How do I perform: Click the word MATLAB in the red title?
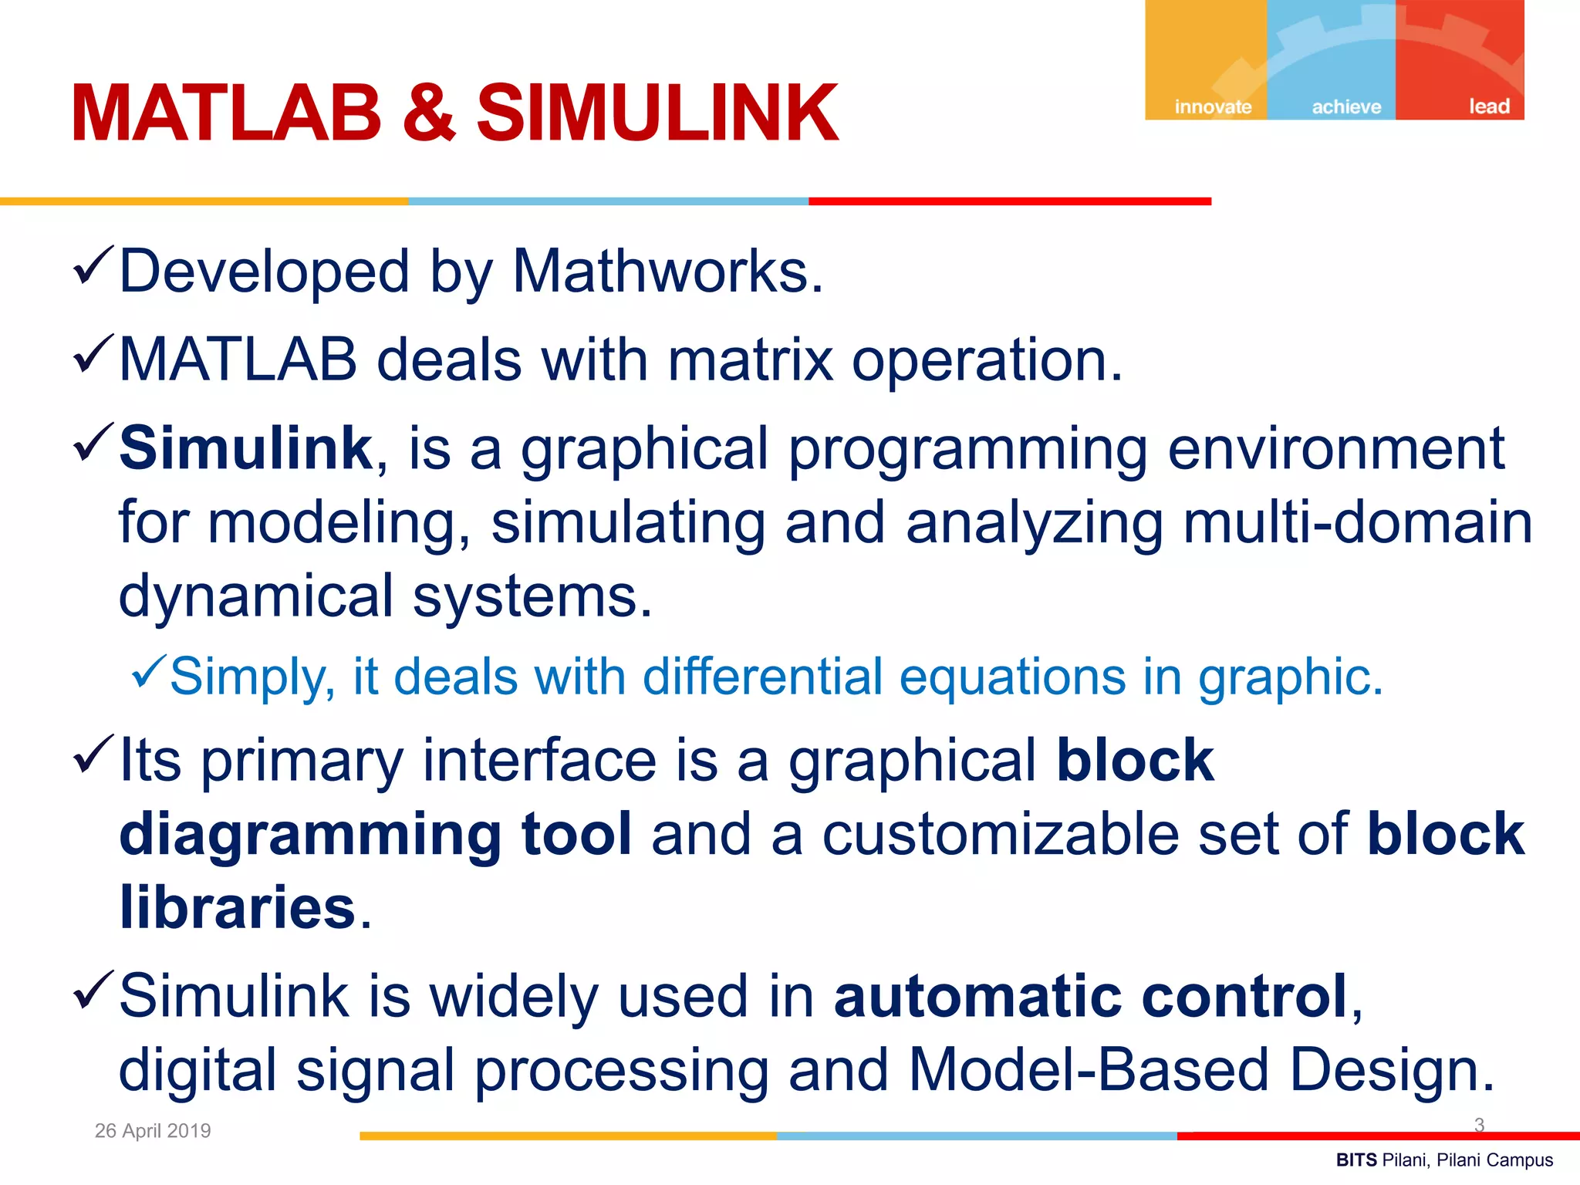tap(226, 114)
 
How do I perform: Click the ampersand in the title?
tap(429, 114)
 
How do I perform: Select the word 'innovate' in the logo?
tap(1213, 106)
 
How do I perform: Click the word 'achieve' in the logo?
tap(1346, 106)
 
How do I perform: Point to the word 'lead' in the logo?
tap(1488, 106)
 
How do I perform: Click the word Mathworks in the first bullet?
tap(668, 272)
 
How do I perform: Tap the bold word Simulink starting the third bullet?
tap(245, 448)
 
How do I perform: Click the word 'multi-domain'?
tap(1358, 522)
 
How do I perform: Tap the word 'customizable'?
tap(1001, 834)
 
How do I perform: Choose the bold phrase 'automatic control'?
tap(1090, 996)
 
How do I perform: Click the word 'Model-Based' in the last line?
tap(1089, 1070)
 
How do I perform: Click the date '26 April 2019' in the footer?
tap(153, 1130)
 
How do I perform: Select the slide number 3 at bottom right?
tap(1479, 1125)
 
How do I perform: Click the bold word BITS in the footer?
tap(1356, 1160)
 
